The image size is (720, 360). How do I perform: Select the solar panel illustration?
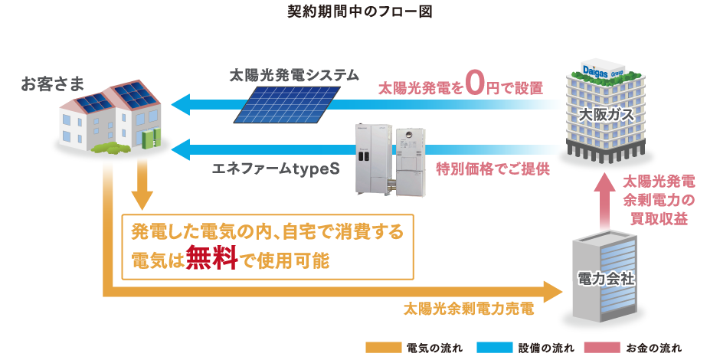[288, 103]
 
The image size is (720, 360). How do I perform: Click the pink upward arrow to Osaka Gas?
[604, 202]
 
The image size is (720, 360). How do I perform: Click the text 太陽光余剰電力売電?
[468, 311]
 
